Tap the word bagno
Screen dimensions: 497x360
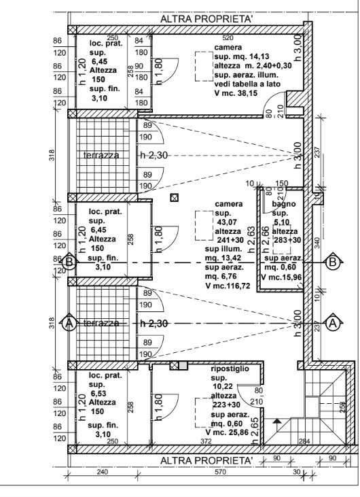point(282,203)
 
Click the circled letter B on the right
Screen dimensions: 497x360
point(332,262)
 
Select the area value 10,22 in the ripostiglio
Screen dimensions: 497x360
point(220,385)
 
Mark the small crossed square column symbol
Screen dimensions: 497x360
point(175,198)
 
